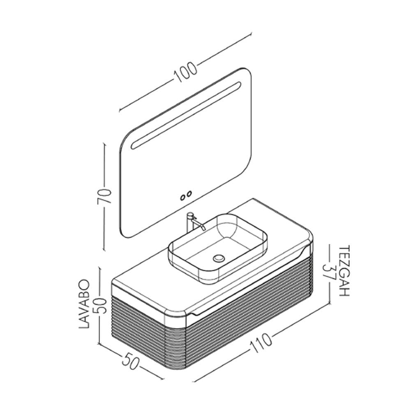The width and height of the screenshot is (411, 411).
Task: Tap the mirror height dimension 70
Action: [104, 196]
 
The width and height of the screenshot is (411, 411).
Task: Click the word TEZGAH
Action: [344, 271]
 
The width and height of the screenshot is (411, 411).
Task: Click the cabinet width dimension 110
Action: [261, 343]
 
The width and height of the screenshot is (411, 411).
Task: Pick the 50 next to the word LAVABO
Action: [101, 306]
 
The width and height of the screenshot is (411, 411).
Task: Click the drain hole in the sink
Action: [219, 258]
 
